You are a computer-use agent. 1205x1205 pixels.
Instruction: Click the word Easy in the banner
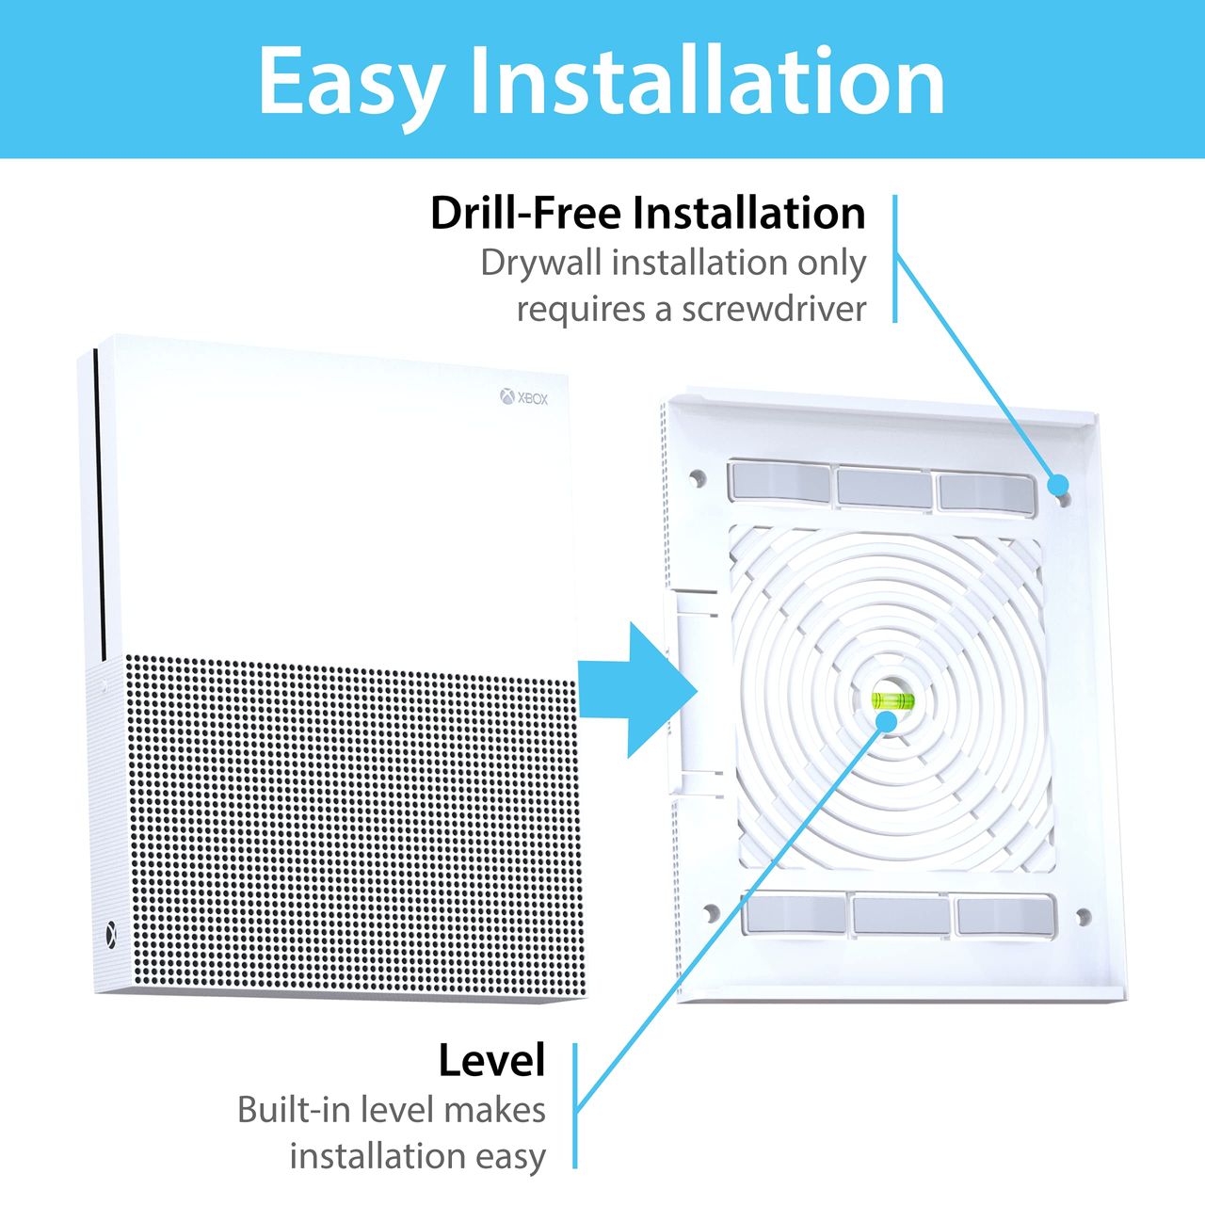(x=350, y=85)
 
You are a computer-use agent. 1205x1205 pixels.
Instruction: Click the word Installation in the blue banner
(x=708, y=80)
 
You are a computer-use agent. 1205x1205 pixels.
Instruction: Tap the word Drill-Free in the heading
(x=526, y=214)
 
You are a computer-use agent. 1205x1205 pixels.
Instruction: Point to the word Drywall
(x=542, y=264)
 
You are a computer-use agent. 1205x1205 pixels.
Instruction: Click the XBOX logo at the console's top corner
(x=524, y=397)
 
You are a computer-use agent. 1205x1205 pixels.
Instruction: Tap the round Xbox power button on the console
(x=111, y=935)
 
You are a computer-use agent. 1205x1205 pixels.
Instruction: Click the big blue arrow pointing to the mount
(x=638, y=690)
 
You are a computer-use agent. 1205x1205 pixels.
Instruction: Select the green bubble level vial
(x=891, y=700)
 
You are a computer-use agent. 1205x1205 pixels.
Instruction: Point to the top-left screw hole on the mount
(x=696, y=479)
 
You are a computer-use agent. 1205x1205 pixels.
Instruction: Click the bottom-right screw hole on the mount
(x=1084, y=917)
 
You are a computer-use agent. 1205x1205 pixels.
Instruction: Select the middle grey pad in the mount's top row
(x=884, y=487)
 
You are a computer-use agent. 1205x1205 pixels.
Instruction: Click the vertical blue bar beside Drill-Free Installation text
(x=895, y=258)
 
